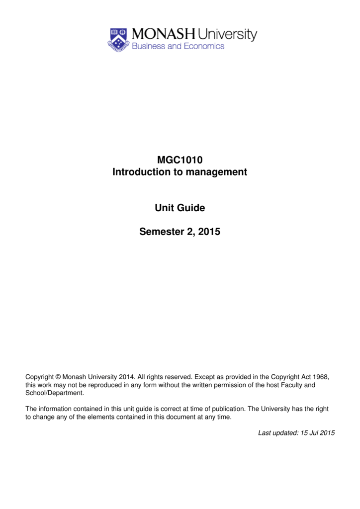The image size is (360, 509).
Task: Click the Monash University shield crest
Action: click(118, 39)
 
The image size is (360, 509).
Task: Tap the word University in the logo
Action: click(228, 35)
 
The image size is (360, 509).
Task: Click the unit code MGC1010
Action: click(180, 160)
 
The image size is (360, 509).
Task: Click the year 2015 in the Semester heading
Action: click(209, 232)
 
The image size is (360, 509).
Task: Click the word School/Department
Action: click(54, 393)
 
